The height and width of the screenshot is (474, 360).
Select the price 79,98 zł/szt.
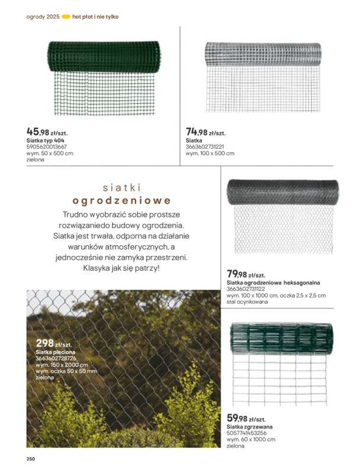coord(246,274)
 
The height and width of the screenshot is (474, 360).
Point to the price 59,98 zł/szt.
coord(246,418)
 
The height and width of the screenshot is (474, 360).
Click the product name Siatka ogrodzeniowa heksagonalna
coord(269,283)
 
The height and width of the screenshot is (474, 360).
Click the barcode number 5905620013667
coord(47,146)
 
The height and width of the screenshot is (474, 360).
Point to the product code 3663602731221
coord(205,146)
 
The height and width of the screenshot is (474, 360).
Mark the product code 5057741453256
coord(247,433)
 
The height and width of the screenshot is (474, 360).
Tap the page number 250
coord(31,459)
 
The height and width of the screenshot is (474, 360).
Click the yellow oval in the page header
coord(66,17)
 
